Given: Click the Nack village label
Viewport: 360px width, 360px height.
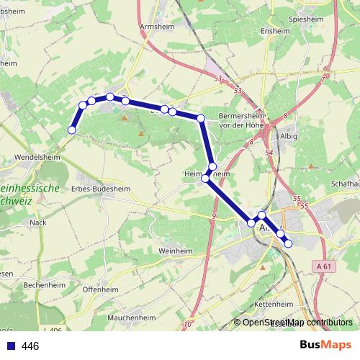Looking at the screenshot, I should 37,222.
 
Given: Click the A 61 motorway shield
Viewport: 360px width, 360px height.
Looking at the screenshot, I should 325,266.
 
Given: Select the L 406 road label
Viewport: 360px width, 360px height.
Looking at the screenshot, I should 52,330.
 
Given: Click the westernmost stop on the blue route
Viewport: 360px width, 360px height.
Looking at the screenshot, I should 71,130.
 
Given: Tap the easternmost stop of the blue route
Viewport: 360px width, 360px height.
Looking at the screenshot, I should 288,243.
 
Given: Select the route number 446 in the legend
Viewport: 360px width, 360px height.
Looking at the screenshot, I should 30,346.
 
